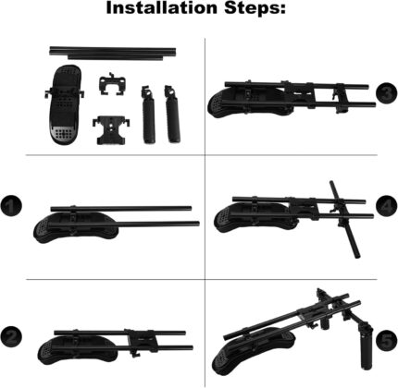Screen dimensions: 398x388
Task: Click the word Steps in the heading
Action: click(x=255, y=8)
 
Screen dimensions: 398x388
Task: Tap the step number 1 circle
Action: click(x=11, y=205)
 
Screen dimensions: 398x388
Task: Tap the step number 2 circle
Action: click(x=11, y=336)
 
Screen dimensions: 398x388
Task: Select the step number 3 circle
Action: click(x=387, y=93)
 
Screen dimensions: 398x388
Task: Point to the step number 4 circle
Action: click(x=387, y=206)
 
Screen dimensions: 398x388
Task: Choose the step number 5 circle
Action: click(x=387, y=340)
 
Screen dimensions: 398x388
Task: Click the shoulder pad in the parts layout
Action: click(x=64, y=104)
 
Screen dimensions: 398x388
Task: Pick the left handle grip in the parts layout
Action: click(x=149, y=115)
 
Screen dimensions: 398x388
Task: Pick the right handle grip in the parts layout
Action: click(x=172, y=114)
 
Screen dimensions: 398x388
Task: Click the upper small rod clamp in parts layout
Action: click(x=112, y=84)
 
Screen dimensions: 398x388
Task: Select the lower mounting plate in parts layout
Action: click(x=110, y=130)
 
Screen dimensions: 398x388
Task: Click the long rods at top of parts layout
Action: click(x=113, y=53)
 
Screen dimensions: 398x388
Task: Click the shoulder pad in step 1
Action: click(x=76, y=227)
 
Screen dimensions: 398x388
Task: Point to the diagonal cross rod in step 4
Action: click(x=344, y=219)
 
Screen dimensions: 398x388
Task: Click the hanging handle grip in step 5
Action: click(x=367, y=347)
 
